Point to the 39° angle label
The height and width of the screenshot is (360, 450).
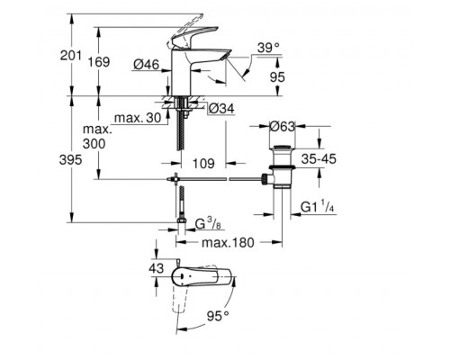click(268, 46)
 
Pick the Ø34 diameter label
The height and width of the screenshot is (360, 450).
click(221, 110)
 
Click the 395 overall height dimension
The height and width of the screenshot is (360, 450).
click(80, 158)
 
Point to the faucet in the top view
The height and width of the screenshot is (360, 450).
click(193, 274)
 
